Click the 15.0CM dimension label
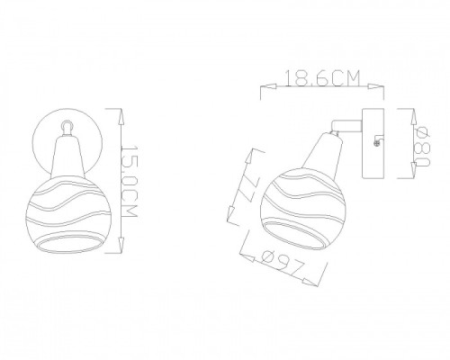130,184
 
